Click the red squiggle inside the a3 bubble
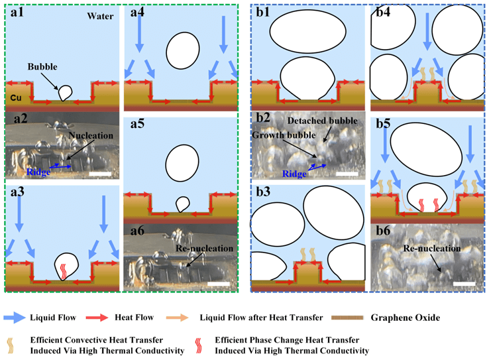coord(64,270)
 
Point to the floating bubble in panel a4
coord(180,49)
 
